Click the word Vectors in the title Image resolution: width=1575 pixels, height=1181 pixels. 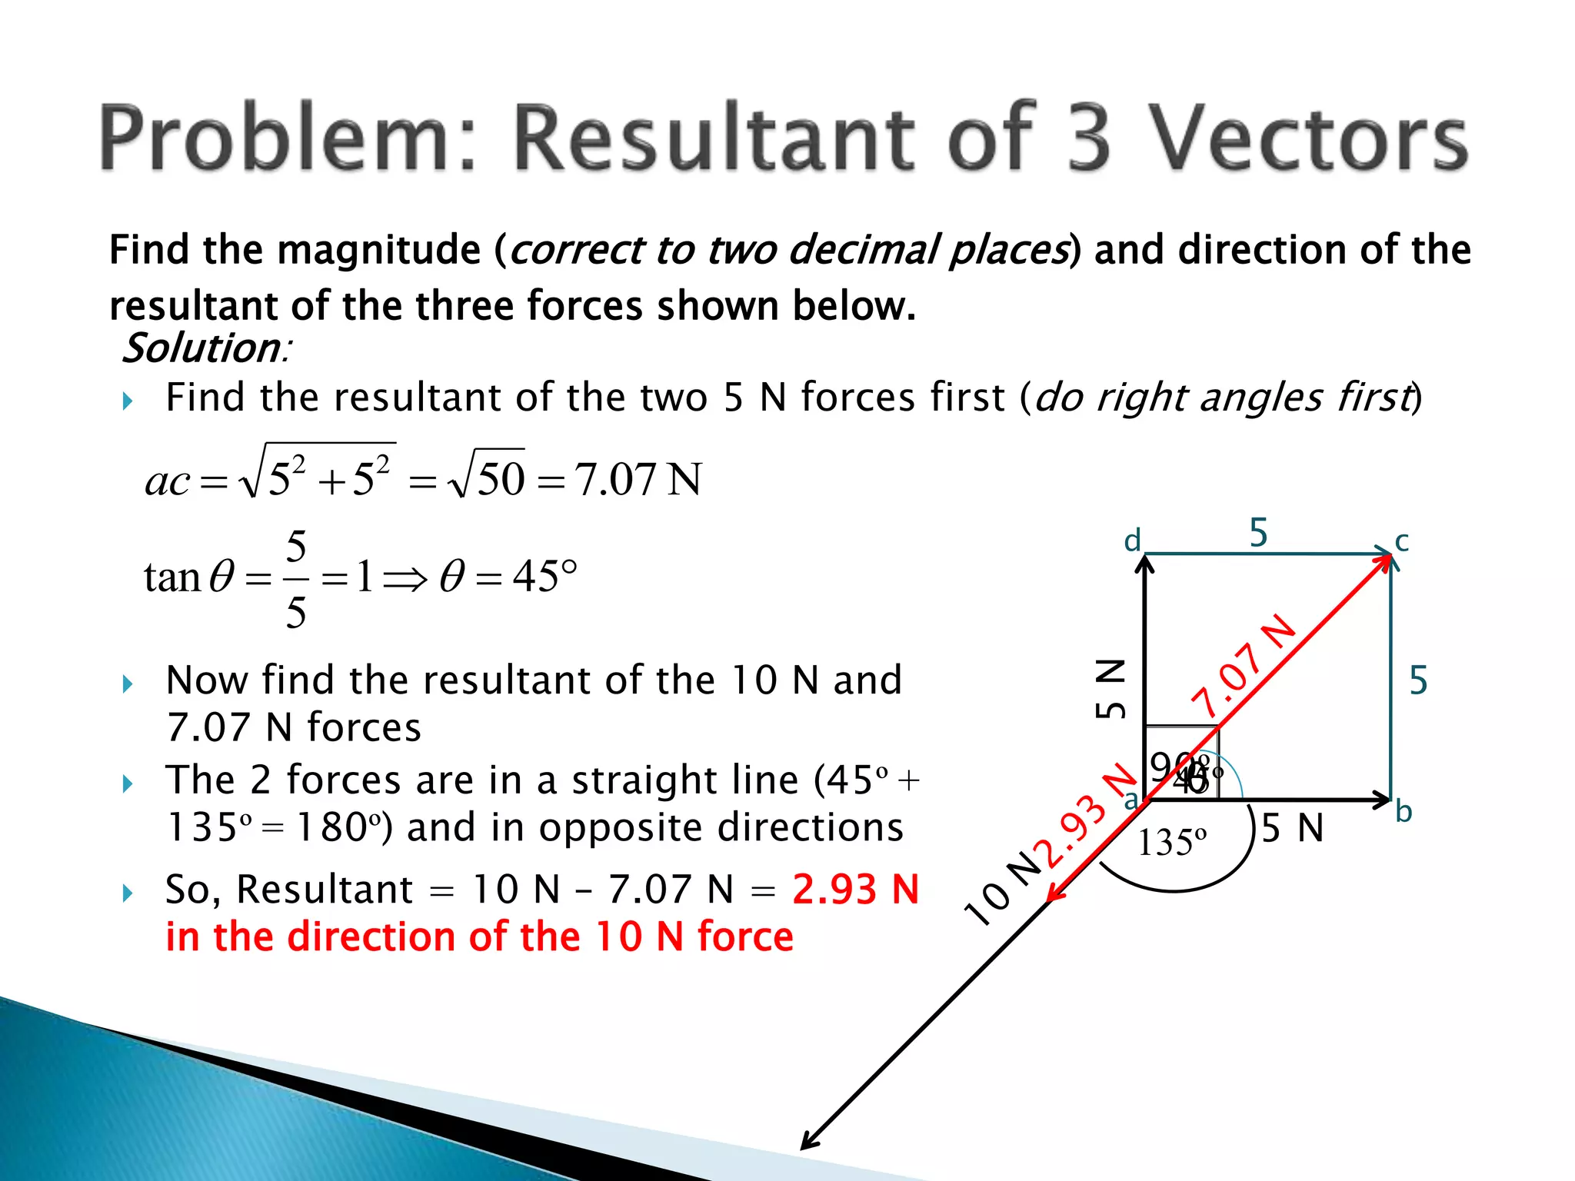click(1307, 138)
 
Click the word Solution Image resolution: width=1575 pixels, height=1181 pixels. click(202, 348)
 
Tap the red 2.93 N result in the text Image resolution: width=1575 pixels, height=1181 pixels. click(855, 890)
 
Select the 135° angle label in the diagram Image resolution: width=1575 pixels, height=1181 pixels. click(1171, 843)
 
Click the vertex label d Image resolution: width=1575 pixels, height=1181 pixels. click(1132, 541)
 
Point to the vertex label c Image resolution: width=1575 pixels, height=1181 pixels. click(1402, 541)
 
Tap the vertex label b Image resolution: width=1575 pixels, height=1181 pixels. click(1404, 812)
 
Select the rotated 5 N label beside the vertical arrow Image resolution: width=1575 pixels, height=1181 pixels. click(1110, 689)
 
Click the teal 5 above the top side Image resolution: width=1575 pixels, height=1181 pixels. click(1258, 533)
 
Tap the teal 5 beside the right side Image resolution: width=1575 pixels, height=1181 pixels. click(1418, 681)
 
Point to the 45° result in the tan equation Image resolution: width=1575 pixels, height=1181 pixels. click(544, 577)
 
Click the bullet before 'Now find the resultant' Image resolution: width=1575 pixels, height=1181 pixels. click(128, 684)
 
